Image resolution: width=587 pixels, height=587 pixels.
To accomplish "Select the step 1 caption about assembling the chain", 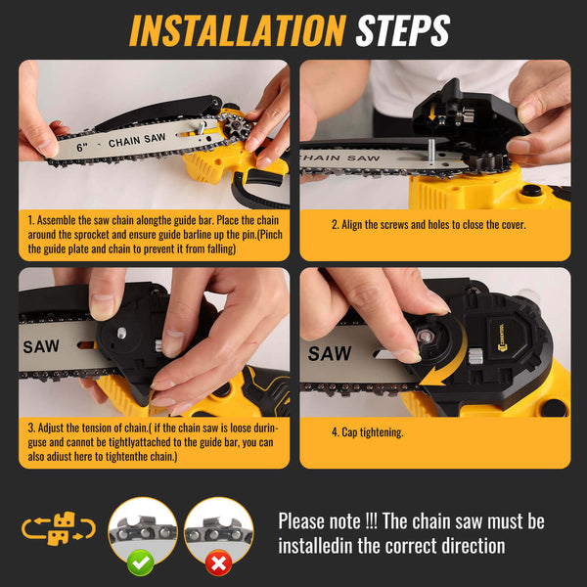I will coord(154,234).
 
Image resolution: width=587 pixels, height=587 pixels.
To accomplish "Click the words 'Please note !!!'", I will coord(334,521).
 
